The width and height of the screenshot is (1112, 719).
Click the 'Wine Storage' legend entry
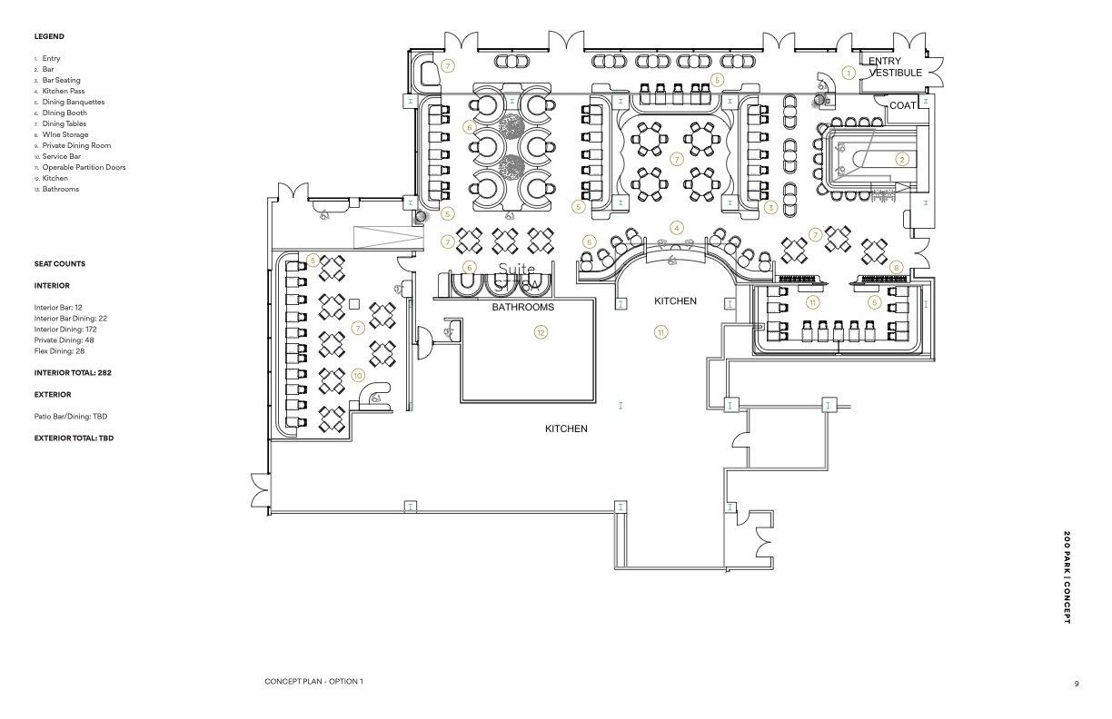click(65, 134)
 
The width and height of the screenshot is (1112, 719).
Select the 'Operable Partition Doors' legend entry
click(84, 167)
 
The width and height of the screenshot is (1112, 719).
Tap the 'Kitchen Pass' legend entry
click(64, 91)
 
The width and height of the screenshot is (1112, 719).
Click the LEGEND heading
click(49, 36)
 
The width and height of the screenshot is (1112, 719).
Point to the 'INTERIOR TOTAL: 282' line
click(73, 372)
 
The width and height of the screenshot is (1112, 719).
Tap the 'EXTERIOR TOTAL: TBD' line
click(74, 438)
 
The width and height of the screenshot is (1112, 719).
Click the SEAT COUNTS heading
click(60, 263)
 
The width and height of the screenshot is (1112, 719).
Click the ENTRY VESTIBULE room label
click(895, 66)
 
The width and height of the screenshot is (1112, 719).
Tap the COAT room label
click(902, 105)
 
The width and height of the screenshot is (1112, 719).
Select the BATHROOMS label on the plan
click(522, 308)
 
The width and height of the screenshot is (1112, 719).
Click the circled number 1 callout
click(849, 73)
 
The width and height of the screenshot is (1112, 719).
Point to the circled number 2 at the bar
click(902, 159)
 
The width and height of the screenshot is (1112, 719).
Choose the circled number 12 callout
click(541, 333)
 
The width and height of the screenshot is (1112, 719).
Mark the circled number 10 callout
click(358, 376)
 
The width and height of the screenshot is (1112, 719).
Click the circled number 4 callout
click(676, 227)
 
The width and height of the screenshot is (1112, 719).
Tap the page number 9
click(1077, 683)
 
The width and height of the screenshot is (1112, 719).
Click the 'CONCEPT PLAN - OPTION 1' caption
click(313, 682)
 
